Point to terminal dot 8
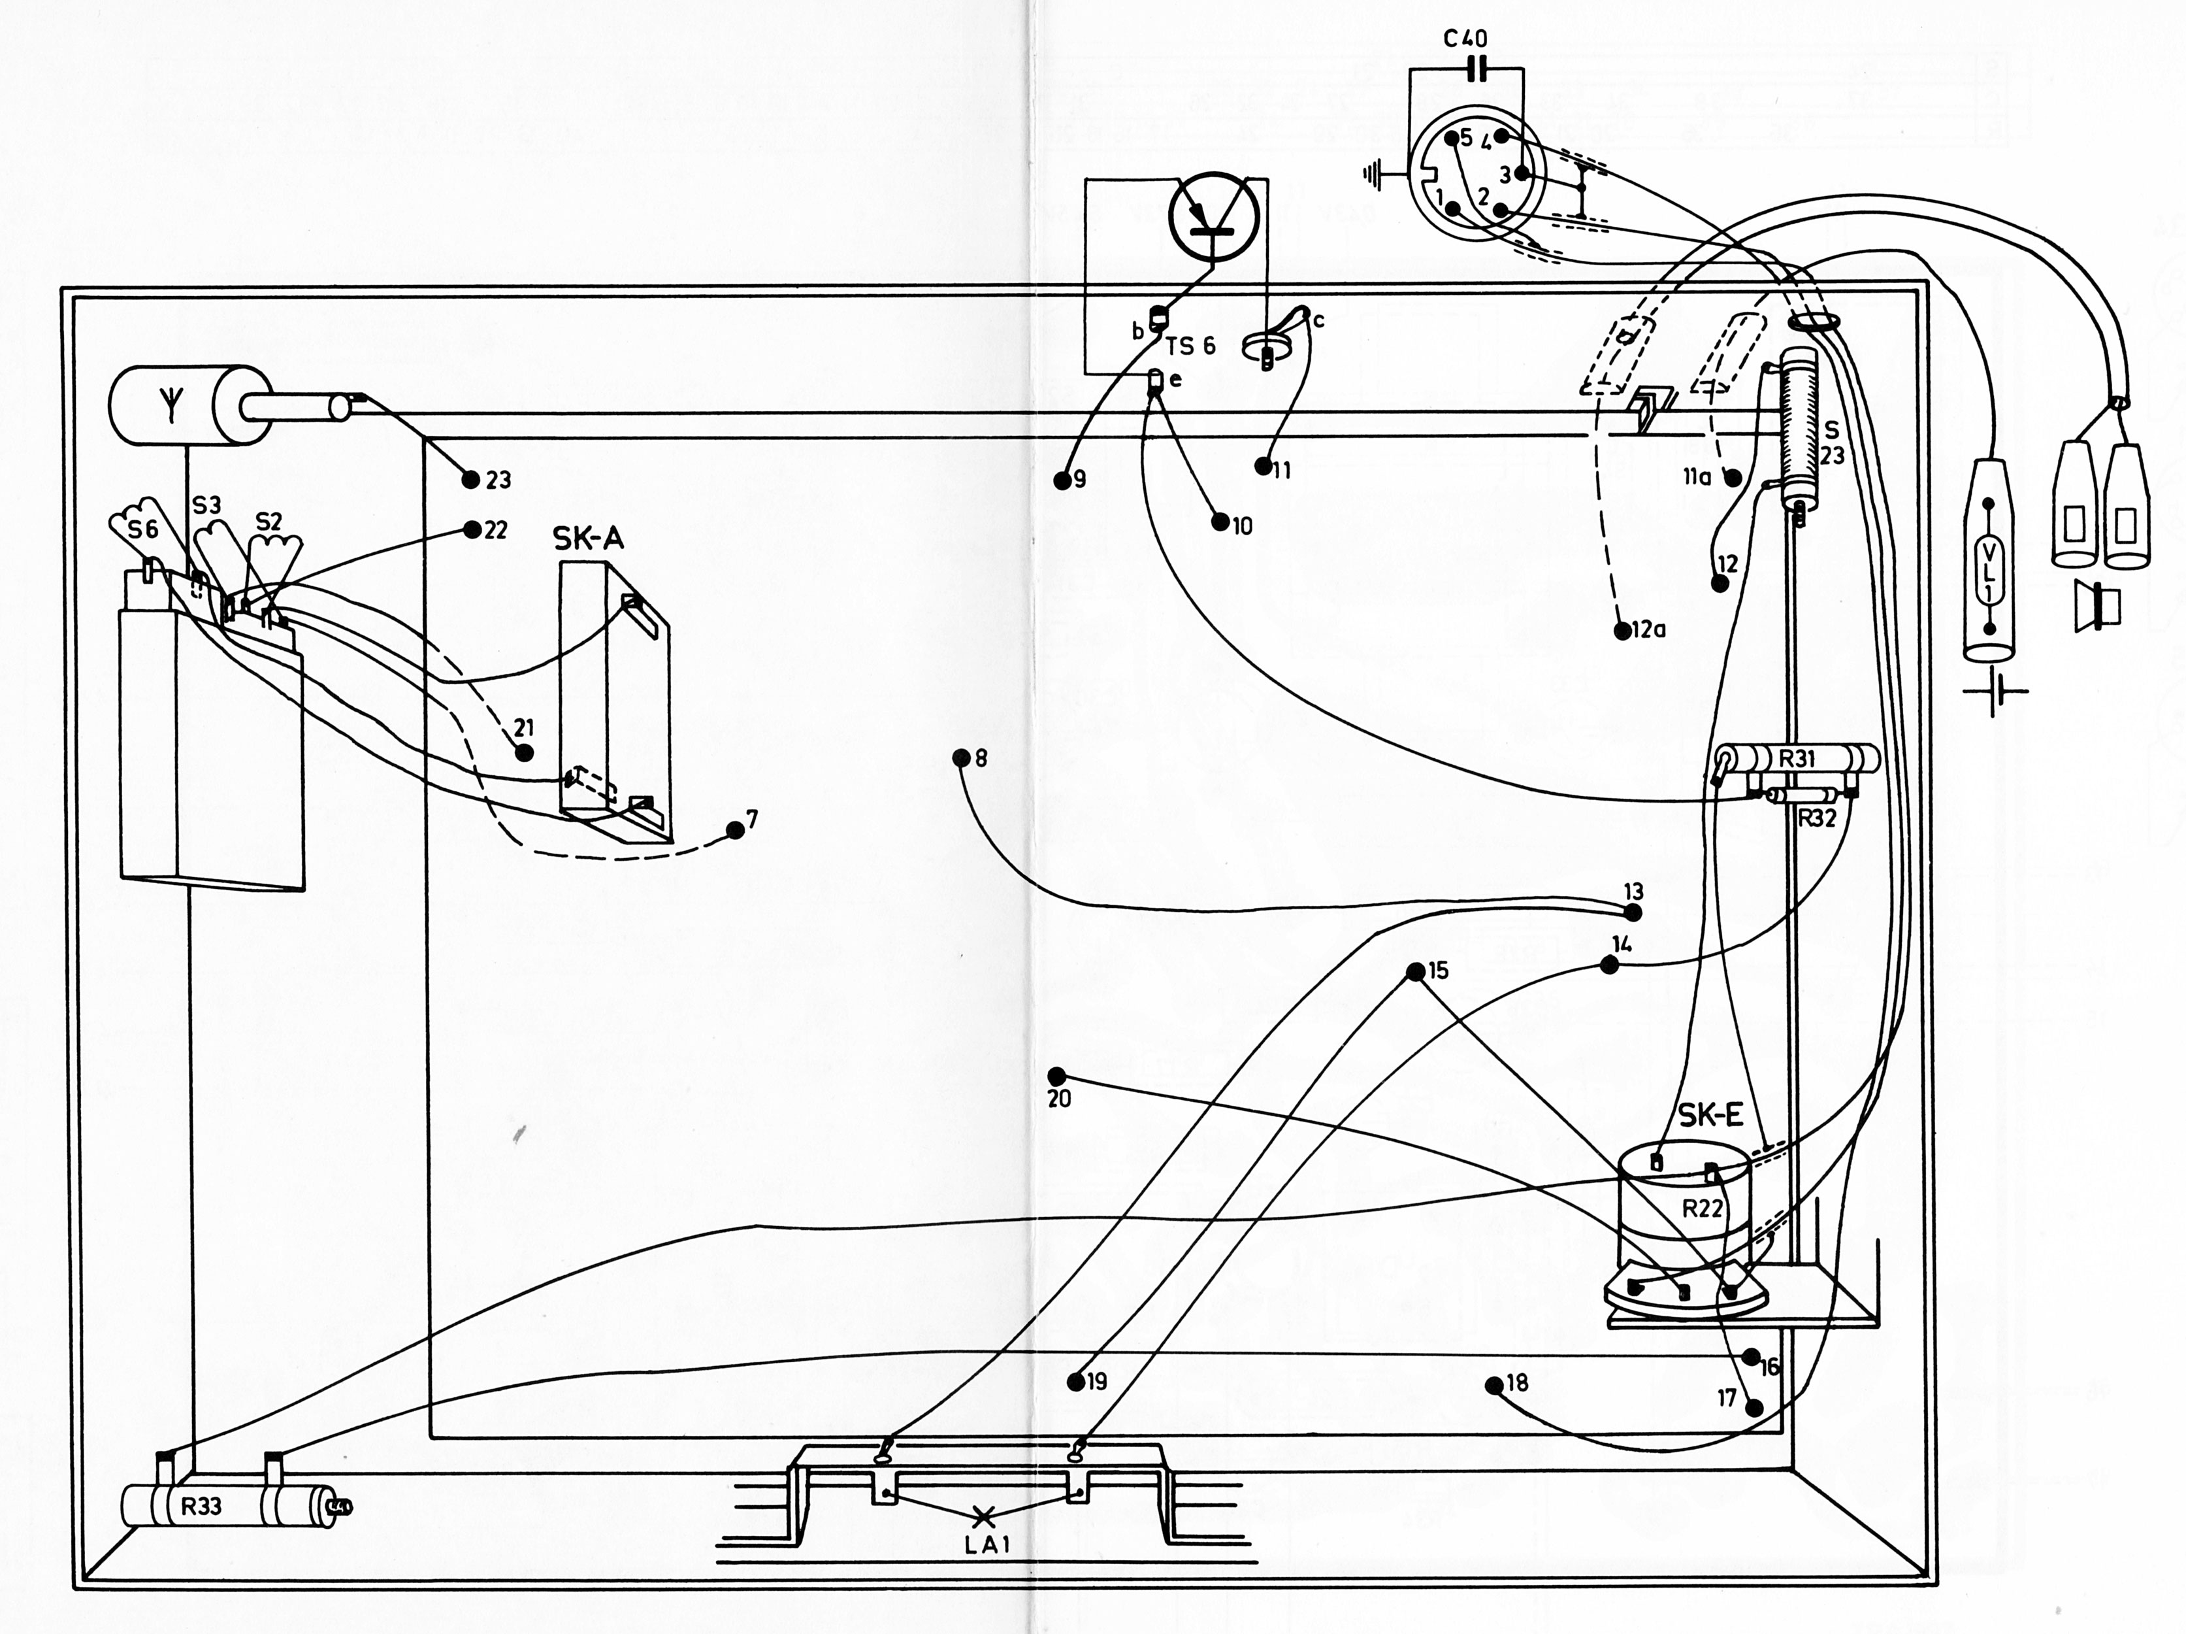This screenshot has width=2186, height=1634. tap(960, 758)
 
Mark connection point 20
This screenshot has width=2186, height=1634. tap(1056, 1075)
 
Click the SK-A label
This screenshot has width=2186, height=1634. tap(588, 539)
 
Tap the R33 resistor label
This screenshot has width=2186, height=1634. tap(201, 1507)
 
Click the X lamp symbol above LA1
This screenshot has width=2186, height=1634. tap(983, 1513)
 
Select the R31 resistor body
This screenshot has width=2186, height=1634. tap(1797, 759)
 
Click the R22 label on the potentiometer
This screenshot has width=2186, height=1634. tap(1703, 1208)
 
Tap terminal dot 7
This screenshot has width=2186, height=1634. tap(734, 829)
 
